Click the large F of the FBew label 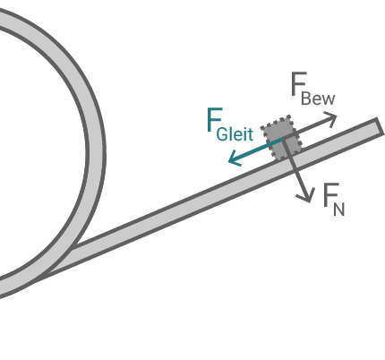(299, 85)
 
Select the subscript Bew (318, 99)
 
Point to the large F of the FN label (329, 194)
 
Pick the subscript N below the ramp (338, 209)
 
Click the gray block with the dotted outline (279, 139)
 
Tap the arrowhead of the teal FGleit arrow (232, 161)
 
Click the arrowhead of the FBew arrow (332, 117)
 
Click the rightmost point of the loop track (97, 152)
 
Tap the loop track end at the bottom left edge (4, 287)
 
